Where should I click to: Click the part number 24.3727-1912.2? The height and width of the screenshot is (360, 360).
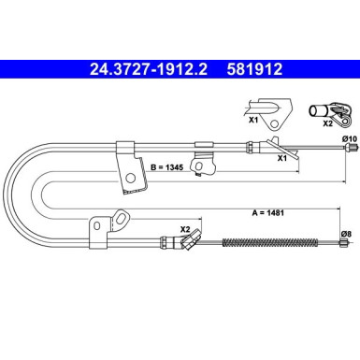(149, 69)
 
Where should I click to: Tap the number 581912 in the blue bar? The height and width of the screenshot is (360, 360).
(254, 69)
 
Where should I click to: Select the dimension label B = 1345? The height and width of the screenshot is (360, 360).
(167, 167)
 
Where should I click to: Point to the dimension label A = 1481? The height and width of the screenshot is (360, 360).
(268, 213)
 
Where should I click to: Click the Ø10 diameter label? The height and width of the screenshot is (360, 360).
(350, 139)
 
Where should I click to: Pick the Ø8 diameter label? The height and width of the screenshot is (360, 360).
(346, 234)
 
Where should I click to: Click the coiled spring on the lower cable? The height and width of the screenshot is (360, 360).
(270, 242)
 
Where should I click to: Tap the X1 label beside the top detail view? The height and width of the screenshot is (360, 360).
(253, 120)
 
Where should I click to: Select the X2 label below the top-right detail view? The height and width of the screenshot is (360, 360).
(327, 123)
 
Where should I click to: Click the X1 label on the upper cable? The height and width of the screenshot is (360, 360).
(282, 158)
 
